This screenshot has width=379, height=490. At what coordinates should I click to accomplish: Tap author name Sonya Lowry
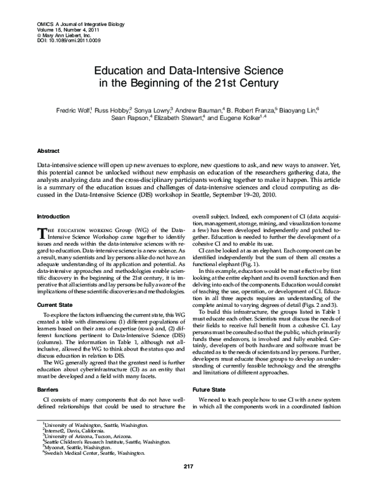click(156, 108)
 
